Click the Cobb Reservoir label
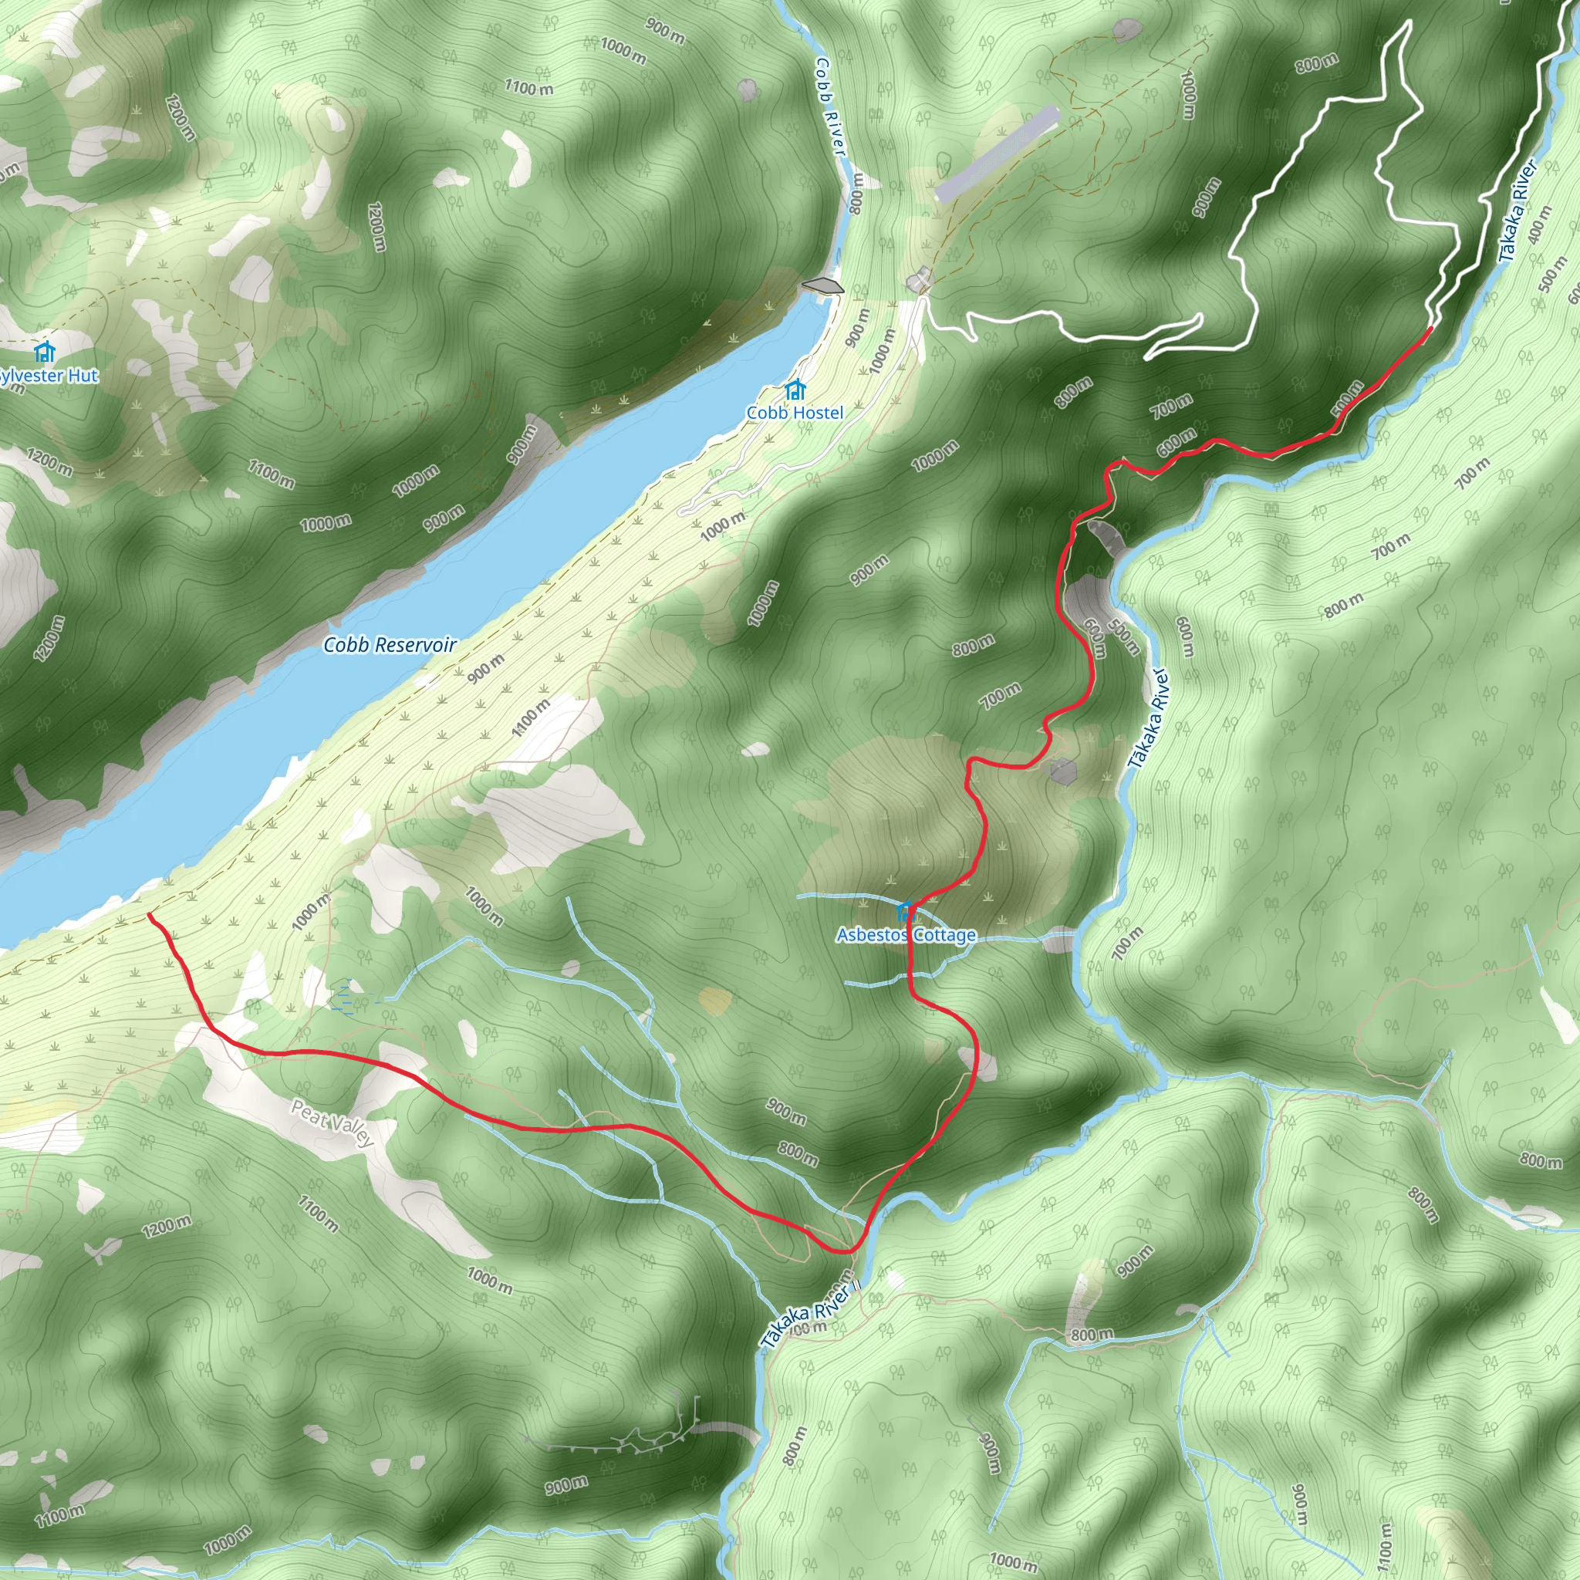tap(390, 645)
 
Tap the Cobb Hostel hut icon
tap(794, 391)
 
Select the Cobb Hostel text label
tap(794, 413)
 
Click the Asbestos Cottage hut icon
tap(904, 911)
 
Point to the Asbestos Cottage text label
tap(906, 935)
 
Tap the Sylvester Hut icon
tap(44, 353)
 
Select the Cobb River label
tap(829, 106)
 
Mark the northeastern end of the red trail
tap(1430, 329)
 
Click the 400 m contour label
tap(1539, 223)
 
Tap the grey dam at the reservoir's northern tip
tap(822, 285)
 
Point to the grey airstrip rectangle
tap(996, 154)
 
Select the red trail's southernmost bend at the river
tap(846, 1251)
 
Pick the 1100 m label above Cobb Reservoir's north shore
tap(271, 474)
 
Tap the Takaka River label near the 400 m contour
tap(1518, 210)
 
